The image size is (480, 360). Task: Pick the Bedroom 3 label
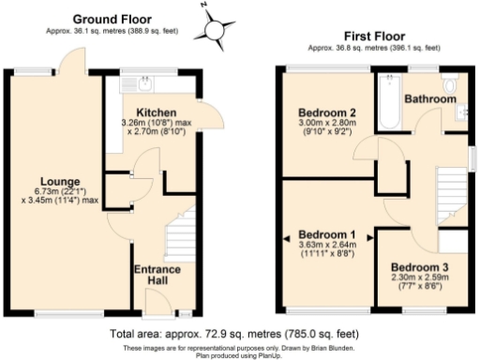coord(419,267)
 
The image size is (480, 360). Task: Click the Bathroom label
coord(430,97)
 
